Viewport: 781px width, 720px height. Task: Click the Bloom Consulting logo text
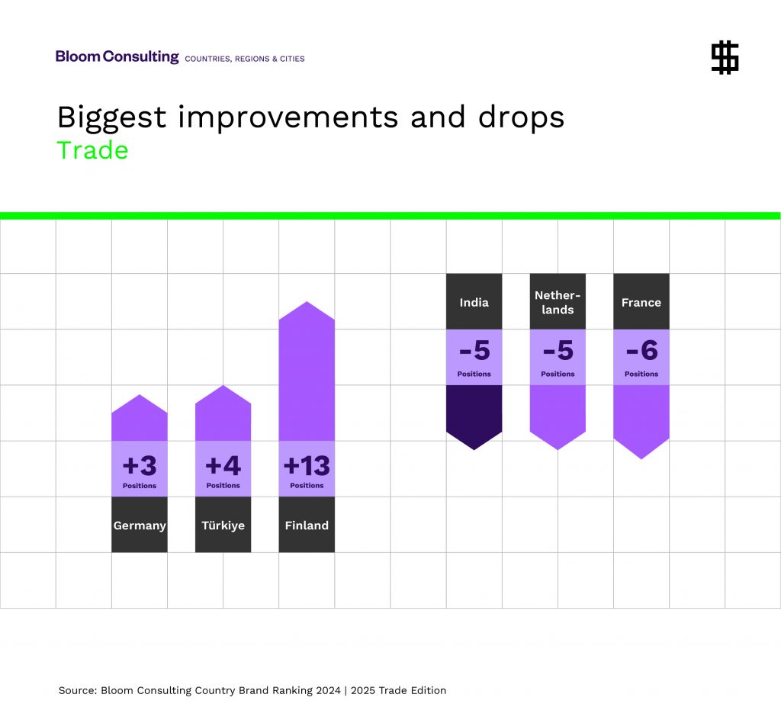pos(117,57)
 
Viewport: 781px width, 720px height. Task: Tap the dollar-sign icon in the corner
pos(725,58)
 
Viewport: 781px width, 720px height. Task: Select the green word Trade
pos(92,150)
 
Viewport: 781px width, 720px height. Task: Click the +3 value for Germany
pos(139,465)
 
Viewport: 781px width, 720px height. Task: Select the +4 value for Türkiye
pos(223,465)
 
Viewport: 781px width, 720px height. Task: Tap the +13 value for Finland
pos(307,465)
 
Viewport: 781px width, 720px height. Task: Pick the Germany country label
pos(140,526)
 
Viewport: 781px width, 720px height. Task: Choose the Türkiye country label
pos(223,526)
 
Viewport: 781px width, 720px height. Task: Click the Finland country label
pos(307,526)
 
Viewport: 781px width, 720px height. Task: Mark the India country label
pos(474,302)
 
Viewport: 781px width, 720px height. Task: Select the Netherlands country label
pos(558,302)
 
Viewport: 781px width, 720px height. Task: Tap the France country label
pos(641,302)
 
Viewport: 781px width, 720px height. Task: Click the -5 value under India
pos(474,352)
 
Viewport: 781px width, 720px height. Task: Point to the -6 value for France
pos(641,352)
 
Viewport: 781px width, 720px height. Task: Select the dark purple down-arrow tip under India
pos(474,441)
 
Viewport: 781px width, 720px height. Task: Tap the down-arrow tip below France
pos(641,449)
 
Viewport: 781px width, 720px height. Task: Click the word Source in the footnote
pos(77,690)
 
